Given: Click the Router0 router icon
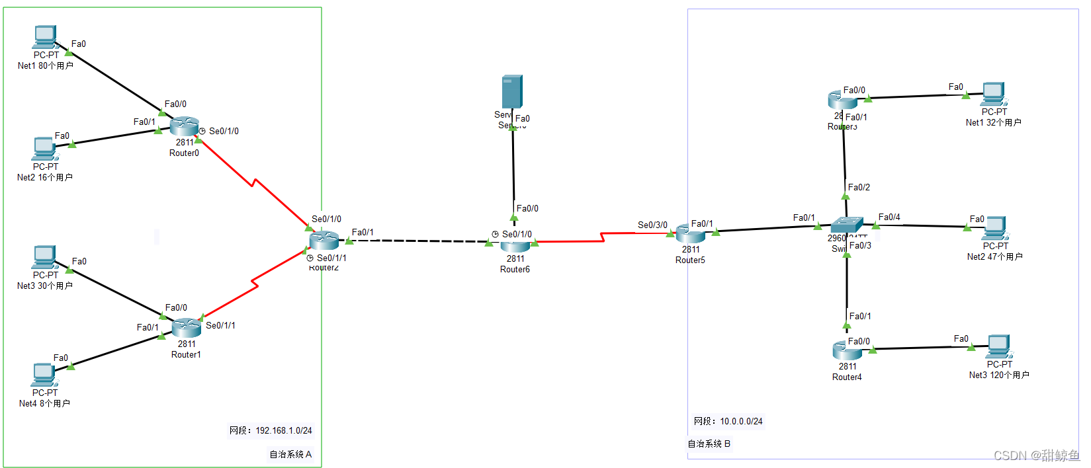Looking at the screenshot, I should [x=184, y=126].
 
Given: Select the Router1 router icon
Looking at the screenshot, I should [x=187, y=327].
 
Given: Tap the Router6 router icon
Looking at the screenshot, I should [x=515, y=245].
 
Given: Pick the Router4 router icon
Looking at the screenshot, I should [x=847, y=351].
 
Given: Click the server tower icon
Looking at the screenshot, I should [x=512, y=92].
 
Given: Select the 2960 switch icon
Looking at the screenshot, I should [x=847, y=225].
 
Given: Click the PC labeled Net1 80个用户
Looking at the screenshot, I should [x=45, y=37].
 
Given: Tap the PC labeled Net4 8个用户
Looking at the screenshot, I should [x=44, y=375].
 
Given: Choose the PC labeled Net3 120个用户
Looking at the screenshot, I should [x=998, y=346].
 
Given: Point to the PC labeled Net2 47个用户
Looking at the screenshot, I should [x=994, y=228].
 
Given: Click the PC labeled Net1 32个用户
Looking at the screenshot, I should [x=993, y=94].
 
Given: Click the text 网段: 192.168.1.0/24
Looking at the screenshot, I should [x=271, y=430].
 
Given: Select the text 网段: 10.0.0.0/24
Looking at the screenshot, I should [x=728, y=421].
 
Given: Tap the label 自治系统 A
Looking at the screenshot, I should [x=290, y=454].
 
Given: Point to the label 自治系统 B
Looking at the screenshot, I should [x=709, y=444].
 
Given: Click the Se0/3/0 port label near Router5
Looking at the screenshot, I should [x=652, y=225].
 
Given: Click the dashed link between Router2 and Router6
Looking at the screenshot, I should [x=423, y=241].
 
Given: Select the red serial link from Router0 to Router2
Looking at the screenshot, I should [x=253, y=182].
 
